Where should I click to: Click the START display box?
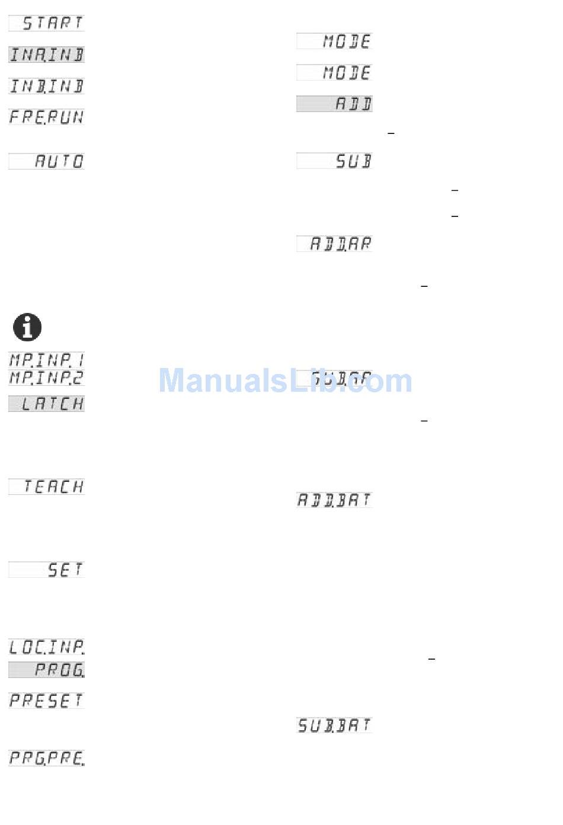[46, 23]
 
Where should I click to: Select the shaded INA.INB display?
[46, 55]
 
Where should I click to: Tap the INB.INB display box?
[46, 86]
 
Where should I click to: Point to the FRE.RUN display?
[46, 117]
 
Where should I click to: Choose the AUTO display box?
[46, 161]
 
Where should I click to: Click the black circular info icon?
[27, 327]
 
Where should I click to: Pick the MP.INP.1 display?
[46, 360]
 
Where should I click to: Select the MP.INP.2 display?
[46, 378]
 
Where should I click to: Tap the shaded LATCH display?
[46, 404]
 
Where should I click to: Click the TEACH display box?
[46, 487]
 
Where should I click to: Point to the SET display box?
[46, 570]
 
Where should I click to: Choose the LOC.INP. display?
[46, 647]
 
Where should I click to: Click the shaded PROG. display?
[46, 670]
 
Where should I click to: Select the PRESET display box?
[46, 701]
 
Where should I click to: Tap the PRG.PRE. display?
[46, 758]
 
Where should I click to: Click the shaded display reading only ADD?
[334, 104]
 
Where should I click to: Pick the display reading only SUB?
[334, 161]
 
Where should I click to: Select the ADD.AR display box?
[334, 244]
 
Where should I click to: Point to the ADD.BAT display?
[334, 500]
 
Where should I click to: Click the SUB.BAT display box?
[334, 725]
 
